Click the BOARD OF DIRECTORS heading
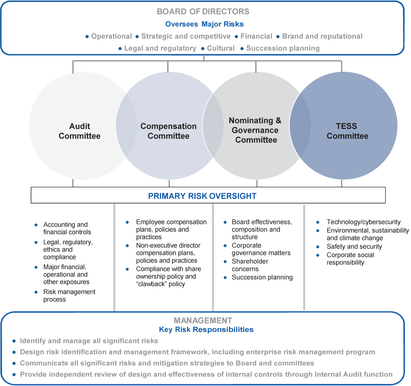click(x=203, y=12)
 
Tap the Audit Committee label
click(x=79, y=131)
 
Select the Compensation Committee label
click(x=169, y=131)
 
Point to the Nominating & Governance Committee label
click(x=256, y=130)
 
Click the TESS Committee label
click(x=347, y=131)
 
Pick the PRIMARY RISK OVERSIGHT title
click(x=202, y=196)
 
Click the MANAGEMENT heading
click(x=203, y=320)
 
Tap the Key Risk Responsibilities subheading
click(x=206, y=329)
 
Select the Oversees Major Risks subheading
click(x=204, y=24)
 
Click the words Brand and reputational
click(x=322, y=36)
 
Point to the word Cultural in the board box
click(x=221, y=49)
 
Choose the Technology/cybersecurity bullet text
click(x=363, y=222)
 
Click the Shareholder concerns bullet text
click(x=250, y=265)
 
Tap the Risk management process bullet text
click(x=69, y=296)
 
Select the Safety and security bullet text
click(x=354, y=247)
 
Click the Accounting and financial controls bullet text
click(x=67, y=228)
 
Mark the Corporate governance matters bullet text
click(x=261, y=249)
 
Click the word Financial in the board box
click(x=256, y=36)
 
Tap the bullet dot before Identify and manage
click(x=14, y=341)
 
